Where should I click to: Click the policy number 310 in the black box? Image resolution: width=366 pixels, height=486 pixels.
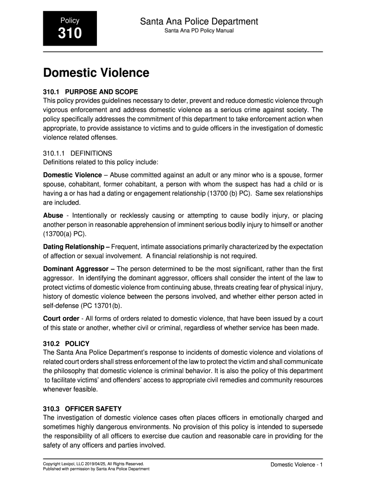70,34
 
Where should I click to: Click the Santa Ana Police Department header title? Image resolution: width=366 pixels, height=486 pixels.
199,21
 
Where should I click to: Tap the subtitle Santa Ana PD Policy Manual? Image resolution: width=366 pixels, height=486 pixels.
199,31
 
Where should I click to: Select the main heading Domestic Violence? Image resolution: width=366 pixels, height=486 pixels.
96,73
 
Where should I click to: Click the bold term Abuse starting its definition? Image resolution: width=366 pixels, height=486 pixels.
53,215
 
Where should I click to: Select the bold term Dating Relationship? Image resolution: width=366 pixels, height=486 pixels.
74,247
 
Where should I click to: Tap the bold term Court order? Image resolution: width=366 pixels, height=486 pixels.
61,318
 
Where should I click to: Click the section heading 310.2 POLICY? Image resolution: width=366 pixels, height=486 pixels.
66,343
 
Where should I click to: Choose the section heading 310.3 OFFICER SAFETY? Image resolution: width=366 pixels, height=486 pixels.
82,409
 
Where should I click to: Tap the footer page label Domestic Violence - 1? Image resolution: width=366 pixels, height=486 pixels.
297,465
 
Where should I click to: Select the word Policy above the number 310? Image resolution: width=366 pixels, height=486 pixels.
70,20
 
